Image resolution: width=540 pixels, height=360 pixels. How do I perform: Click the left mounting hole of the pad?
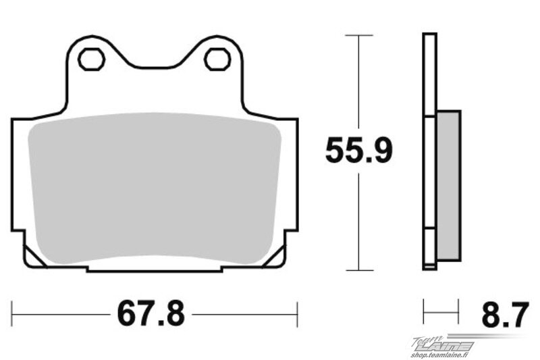tap(92, 59)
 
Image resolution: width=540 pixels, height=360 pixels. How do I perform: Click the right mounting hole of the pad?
tap(217, 59)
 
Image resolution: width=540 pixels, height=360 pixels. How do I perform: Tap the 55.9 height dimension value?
tap(359, 150)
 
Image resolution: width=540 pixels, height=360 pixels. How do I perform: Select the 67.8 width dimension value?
tap(151, 314)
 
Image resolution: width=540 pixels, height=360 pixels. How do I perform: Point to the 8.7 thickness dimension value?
tap(505, 315)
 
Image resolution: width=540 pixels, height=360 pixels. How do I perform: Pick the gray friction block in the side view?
tap(448, 186)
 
